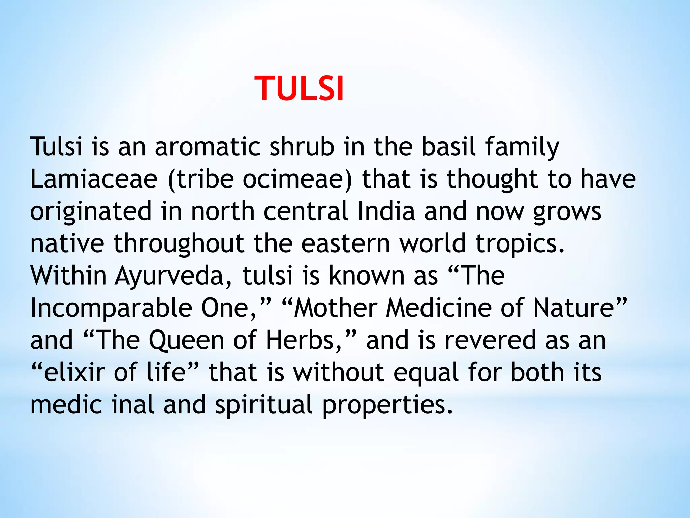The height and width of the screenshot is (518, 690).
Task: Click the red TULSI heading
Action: click(x=299, y=88)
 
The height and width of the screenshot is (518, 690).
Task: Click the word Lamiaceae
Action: click(x=94, y=179)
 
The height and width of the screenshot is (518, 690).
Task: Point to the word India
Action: click(x=386, y=211)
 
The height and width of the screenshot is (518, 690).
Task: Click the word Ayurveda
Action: click(x=169, y=276)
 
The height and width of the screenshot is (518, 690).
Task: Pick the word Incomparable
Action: click(x=111, y=308)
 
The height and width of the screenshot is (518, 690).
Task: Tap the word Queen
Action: click(x=186, y=340)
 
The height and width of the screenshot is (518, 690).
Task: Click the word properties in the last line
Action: click(x=387, y=405)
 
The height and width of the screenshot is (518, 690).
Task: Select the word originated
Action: click(x=91, y=211)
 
